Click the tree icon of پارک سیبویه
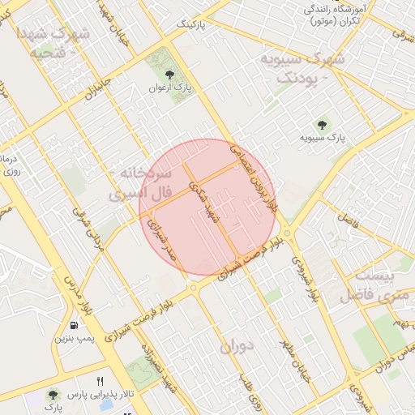[x=323, y=126]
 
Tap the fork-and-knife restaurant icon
[x=100, y=380]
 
